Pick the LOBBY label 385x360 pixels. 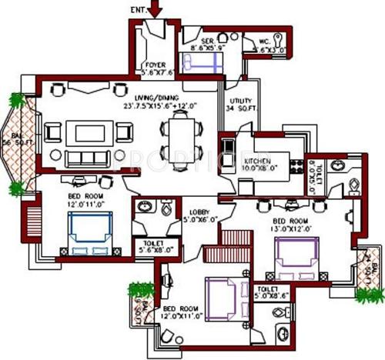[199, 215]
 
